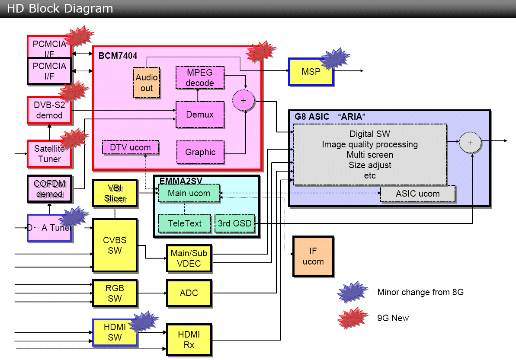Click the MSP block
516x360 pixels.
pyautogui.click(x=311, y=71)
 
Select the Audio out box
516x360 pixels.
pyautogui.click(x=147, y=83)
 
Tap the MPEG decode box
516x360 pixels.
pyautogui.click(x=200, y=77)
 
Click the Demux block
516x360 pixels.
pyautogui.click(x=200, y=115)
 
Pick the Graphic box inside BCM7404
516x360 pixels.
pyautogui.click(x=200, y=152)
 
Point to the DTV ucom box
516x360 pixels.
pyautogui.click(x=130, y=147)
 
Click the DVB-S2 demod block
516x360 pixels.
pyautogui.click(x=49, y=110)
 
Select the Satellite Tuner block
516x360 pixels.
pyautogui.click(x=49, y=154)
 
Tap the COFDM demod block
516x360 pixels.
pyautogui.click(x=49, y=189)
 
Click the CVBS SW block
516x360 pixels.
pyautogui.click(x=115, y=245)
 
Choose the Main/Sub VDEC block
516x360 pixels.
pyautogui.click(x=189, y=258)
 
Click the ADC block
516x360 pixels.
pyautogui.click(x=189, y=293)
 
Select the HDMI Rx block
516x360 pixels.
pyautogui.click(x=189, y=340)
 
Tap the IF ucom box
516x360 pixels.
pyautogui.click(x=313, y=256)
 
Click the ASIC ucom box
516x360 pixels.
pyautogui.click(x=417, y=194)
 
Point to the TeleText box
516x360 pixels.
pyautogui.click(x=185, y=223)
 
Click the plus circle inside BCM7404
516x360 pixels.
pyautogui.click(x=244, y=100)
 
